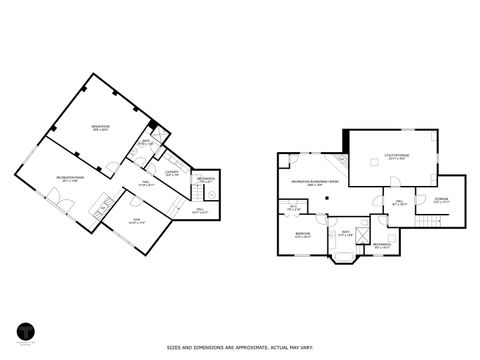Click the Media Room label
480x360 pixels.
pos(100,127)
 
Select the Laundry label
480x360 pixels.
pos(171,171)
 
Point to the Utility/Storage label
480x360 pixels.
pos(397,156)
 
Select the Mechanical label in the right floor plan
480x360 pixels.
pos(382,244)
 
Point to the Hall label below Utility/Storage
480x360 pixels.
pos(399,202)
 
